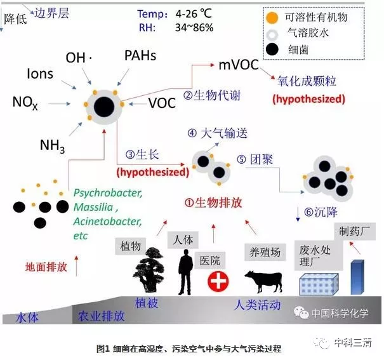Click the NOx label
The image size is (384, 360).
pyautogui.click(x=25, y=103)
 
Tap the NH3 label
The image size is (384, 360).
pyautogui.click(x=52, y=146)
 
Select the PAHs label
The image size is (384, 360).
pyautogui.click(x=140, y=55)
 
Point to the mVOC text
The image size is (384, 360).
pyautogui.click(x=239, y=65)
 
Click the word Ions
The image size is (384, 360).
pyautogui.click(x=40, y=74)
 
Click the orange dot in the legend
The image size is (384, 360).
pyautogui.click(x=272, y=18)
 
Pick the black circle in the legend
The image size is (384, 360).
pyautogui.click(x=272, y=50)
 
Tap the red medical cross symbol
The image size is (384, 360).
pyautogui.click(x=218, y=281)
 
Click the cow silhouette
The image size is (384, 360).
pyautogui.click(x=264, y=281)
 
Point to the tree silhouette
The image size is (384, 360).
pyautogui.click(x=150, y=269)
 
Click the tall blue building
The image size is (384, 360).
pyautogui.click(x=357, y=277)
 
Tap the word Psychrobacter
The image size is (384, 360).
pyautogui.click(x=108, y=193)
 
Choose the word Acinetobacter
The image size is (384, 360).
pyautogui.click(x=107, y=222)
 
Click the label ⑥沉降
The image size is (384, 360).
pyautogui.click(x=321, y=212)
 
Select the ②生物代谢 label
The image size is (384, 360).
pyautogui.click(x=212, y=95)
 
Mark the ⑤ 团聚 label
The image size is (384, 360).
pyautogui.click(x=255, y=159)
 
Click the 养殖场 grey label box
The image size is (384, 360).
pyautogui.click(x=265, y=252)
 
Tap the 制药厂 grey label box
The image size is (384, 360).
pyautogui.click(x=355, y=231)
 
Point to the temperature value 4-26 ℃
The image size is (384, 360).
pyautogui.click(x=194, y=14)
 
